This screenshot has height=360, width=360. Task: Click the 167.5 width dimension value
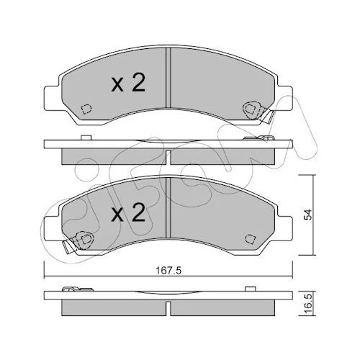[168, 271]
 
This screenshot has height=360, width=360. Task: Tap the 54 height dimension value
[307, 215]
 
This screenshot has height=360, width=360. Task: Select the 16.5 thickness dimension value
[307, 304]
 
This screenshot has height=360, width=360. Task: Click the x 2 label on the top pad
[128, 83]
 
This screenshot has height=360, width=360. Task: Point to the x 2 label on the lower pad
[128, 212]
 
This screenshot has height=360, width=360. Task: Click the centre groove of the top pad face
[168, 78]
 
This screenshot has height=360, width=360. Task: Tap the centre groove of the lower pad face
[168, 208]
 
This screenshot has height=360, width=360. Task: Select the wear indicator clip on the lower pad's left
[78, 242]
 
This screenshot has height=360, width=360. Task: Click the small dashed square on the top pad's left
[86, 109]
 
